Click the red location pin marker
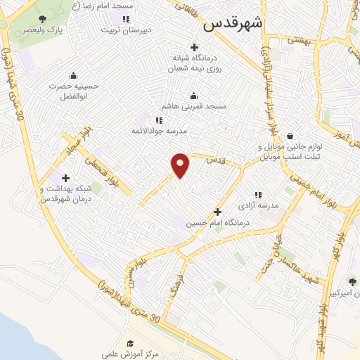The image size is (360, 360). tap(181, 165)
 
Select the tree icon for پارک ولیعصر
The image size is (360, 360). tap(43, 19)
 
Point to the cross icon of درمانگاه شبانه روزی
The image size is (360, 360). tap(195, 46)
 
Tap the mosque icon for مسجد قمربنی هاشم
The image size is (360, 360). tap(194, 96)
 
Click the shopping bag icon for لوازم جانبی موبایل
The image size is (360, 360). tap(289, 136)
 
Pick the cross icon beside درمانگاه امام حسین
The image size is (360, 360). tap(217, 212)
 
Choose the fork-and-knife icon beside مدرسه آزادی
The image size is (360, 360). tap(257, 194)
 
